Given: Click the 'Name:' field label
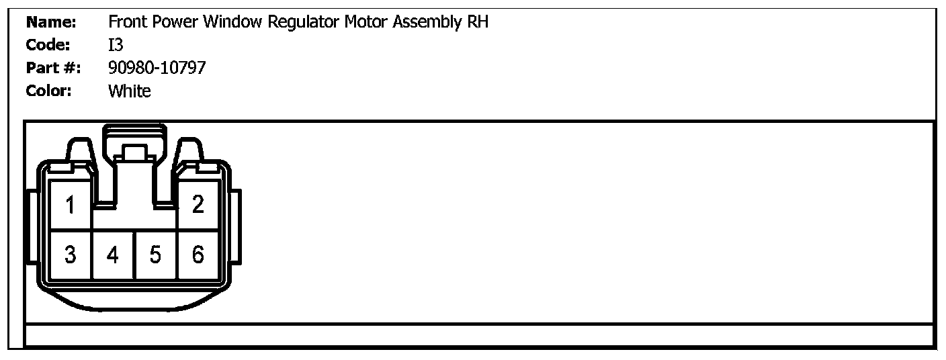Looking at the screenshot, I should (x=51, y=22).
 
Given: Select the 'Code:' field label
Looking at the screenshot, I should (x=48, y=45).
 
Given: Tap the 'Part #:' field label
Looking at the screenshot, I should (x=53, y=68).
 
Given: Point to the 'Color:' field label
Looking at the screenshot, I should (x=48, y=91).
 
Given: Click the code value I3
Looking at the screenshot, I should (x=116, y=45).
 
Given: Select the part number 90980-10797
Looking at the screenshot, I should (x=157, y=68).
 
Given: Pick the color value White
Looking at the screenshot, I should (x=130, y=91).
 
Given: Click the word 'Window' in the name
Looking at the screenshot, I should (x=232, y=22).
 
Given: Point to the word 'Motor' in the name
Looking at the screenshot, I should (x=366, y=22).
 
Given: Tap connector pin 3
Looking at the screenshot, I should (x=70, y=255).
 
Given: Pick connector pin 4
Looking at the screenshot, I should (x=113, y=255).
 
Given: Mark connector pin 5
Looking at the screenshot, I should (x=155, y=255).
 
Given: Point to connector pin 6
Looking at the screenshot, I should (x=198, y=255).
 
